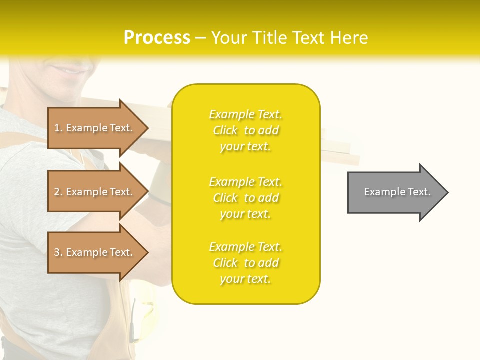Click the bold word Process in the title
pos(157,38)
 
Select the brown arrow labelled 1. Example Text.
pos(95,128)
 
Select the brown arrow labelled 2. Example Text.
pos(95,192)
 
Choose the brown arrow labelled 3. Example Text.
pos(95,252)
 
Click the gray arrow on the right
pos(395,192)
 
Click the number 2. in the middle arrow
pos(59,192)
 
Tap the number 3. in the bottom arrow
pos(59,252)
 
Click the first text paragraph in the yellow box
pos(245,130)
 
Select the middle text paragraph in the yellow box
pos(245,198)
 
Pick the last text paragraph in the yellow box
pos(245,263)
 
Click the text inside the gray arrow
pos(397,192)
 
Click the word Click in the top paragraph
pos(225,130)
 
